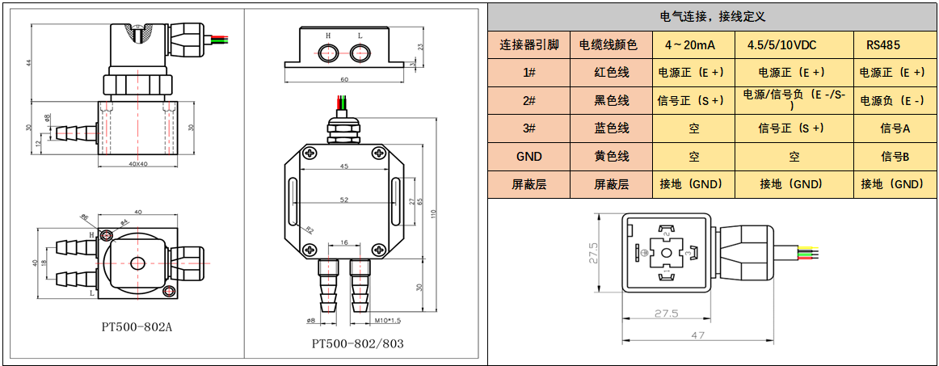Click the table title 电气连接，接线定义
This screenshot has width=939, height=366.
[713, 16]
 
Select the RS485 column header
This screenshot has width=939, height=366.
[882, 45]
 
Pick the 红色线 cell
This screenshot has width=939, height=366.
[611, 73]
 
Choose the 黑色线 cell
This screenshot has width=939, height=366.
[611, 100]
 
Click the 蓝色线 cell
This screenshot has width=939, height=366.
[611, 128]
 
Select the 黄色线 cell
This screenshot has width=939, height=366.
[611, 157]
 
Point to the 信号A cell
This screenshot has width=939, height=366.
[895, 128]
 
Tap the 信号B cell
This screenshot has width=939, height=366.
[895, 157]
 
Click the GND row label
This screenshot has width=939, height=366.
[529, 157]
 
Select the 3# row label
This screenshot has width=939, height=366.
[529, 128]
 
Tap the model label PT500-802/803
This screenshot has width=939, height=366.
[357, 343]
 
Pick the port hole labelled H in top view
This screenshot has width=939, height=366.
[328, 53]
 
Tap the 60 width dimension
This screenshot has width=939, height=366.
[344, 80]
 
